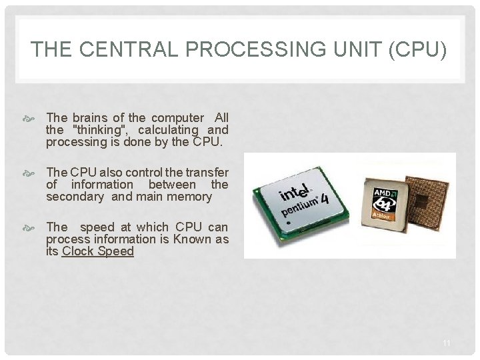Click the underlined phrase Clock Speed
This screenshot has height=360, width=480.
98,251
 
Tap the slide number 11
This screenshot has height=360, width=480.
447,343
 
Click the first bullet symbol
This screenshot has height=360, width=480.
35,119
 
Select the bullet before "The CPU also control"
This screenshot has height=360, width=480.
35,173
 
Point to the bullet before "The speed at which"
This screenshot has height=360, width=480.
35,228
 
